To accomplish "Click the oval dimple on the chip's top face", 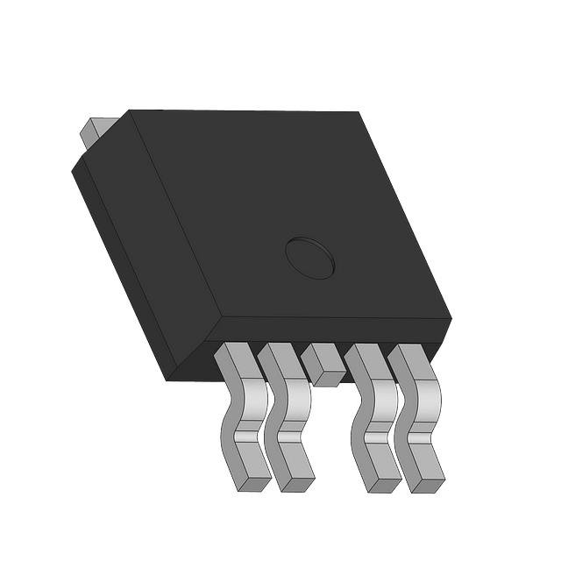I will (309, 258).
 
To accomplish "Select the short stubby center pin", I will (323, 364).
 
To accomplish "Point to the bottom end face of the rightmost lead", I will (430, 483).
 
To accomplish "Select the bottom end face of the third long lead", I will (386, 483).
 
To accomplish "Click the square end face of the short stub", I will (330, 377).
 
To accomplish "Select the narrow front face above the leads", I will (333, 331).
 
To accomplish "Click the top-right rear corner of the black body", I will (359, 112).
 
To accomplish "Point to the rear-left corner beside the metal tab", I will (129, 111).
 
